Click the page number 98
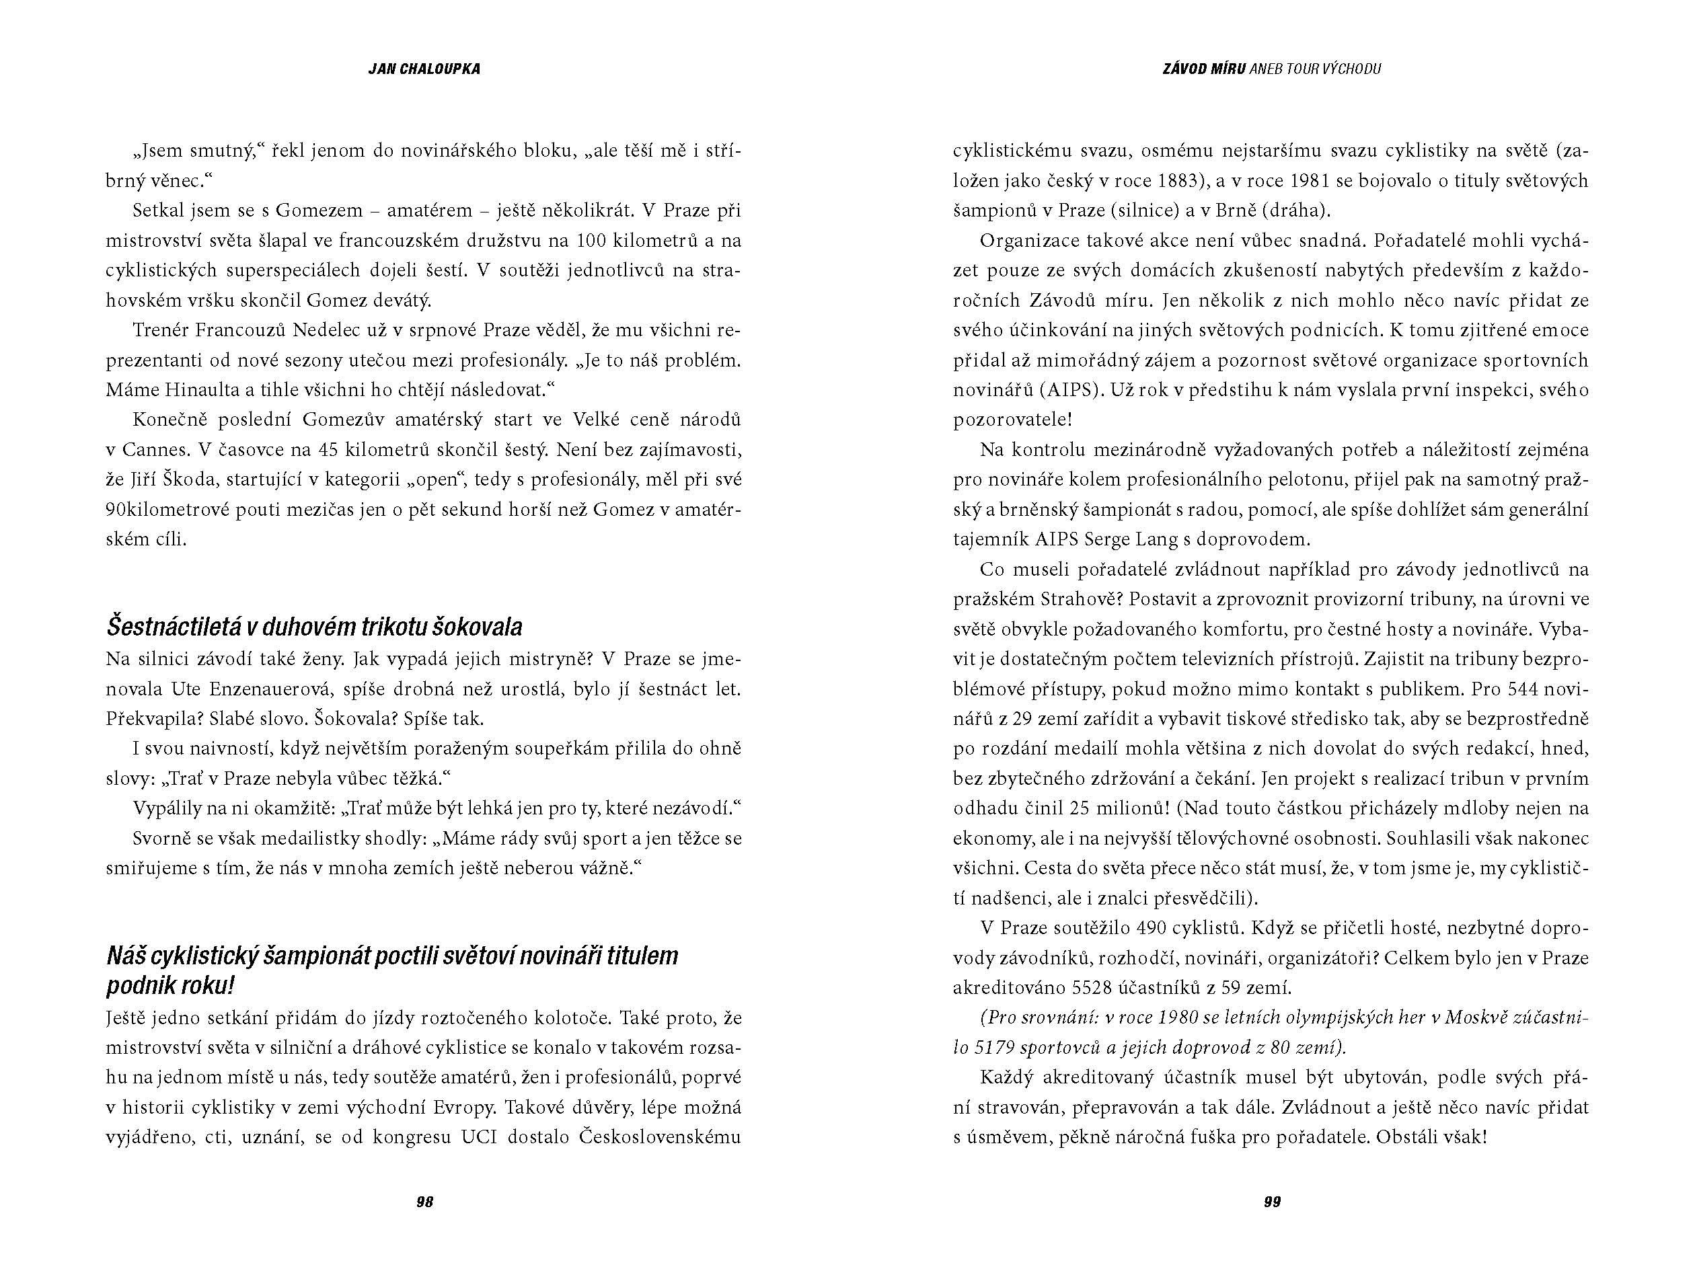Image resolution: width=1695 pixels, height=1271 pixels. point(424,1202)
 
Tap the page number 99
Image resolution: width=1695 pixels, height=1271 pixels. point(1272,1202)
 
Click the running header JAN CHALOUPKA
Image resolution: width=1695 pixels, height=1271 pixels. point(424,69)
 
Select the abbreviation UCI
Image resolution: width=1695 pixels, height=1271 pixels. point(480,1137)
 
